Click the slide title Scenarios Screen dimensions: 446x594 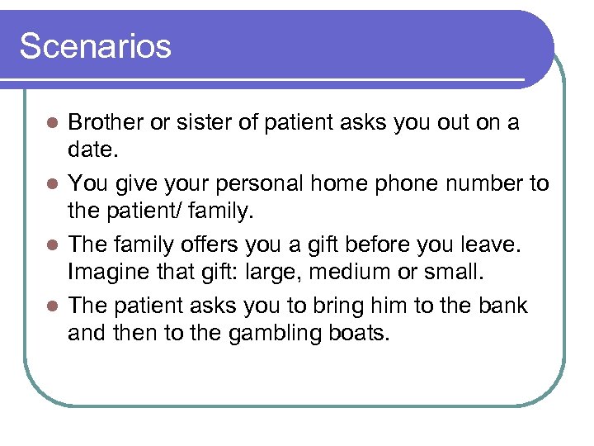[x=96, y=46]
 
